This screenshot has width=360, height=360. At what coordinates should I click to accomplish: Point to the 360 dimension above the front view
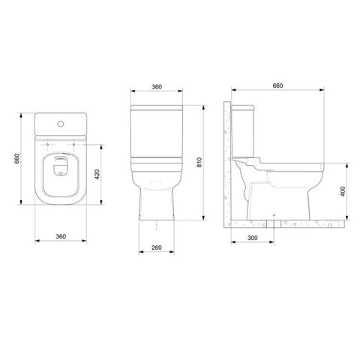click(x=156, y=88)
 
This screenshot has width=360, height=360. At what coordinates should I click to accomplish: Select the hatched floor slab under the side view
click(x=285, y=223)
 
